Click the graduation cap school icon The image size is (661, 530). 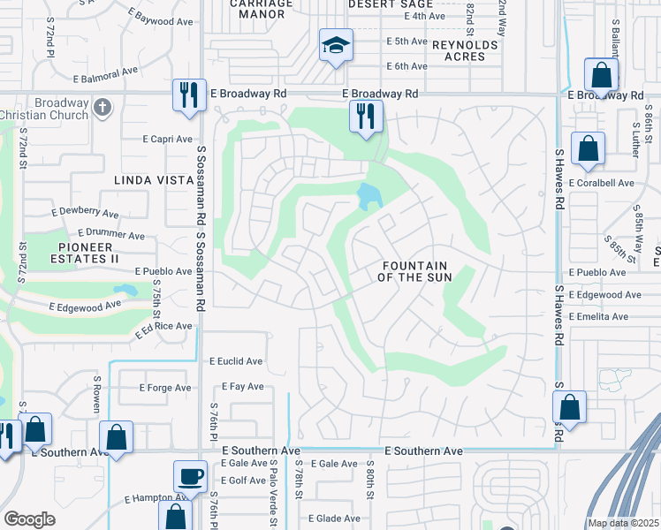pyautogui.click(x=336, y=45)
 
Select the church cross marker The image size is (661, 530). pyautogui.click(x=103, y=107)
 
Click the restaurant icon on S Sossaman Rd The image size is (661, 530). pyautogui.click(x=188, y=94)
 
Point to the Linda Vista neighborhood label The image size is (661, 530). pyautogui.click(x=153, y=180)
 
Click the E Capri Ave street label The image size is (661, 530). pyautogui.click(x=168, y=140)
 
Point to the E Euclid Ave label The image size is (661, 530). pyautogui.click(x=236, y=361)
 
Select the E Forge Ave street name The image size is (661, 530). pyautogui.click(x=165, y=388)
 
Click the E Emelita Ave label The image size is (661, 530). pyautogui.click(x=605, y=317)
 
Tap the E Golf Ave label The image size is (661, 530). pyautogui.click(x=243, y=480)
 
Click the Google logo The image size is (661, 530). pyautogui.click(x=29, y=519)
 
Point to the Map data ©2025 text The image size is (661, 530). pyautogui.click(x=623, y=523)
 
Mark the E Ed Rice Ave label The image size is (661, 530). pyautogui.click(x=163, y=329)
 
